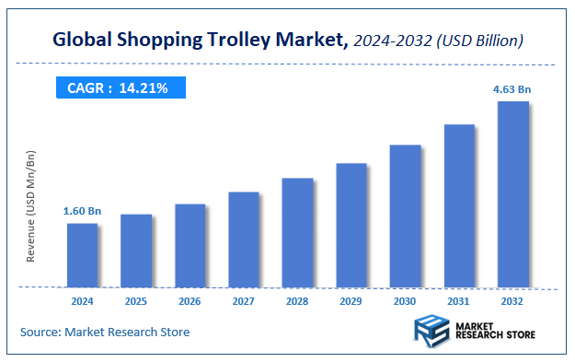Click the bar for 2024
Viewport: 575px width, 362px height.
click(x=82, y=254)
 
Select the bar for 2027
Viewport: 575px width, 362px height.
click(x=244, y=239)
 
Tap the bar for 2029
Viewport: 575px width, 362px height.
click(x=351, y=225)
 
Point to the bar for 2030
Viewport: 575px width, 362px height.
click(x=405, y=216)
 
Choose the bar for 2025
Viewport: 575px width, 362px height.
click(x=136, y=250)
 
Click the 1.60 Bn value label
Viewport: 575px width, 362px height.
click(x=82, y=211)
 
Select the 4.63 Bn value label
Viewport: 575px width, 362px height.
click(x=512, y=89)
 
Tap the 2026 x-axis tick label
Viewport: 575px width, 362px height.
click(x=190, y=299)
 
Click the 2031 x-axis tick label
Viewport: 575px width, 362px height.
click(x=459, y=299)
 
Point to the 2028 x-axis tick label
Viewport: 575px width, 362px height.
click(x=297, y=299)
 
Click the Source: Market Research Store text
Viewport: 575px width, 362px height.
click(x=105, y=332)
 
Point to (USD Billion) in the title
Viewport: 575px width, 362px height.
click(x=481, y=41)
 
